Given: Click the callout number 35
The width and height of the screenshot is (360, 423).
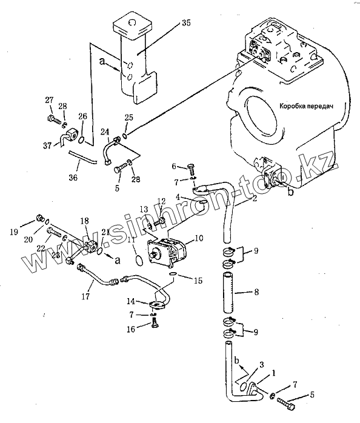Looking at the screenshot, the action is (186, 23).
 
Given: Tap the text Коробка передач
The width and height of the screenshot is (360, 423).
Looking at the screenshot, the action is (306, 106).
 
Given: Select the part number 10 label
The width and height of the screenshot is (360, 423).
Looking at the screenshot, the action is (198, 238).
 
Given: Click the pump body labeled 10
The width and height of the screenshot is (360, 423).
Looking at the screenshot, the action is (166, 253).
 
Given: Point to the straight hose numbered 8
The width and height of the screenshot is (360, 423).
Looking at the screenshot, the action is (228, 293).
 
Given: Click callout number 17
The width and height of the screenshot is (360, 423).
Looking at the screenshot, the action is (86, 296).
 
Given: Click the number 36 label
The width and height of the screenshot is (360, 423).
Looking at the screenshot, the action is (73, 177).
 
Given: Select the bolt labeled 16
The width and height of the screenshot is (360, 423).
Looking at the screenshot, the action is (155, 322).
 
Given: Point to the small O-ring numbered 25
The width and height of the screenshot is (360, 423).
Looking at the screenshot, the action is (125, 135).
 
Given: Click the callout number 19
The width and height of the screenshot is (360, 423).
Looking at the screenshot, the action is (14, 231).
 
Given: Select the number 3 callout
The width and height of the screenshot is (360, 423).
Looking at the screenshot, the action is (261, 365).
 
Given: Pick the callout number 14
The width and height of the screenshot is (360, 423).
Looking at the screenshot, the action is (131, 301).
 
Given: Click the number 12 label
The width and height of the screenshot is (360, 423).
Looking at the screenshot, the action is (161, 201).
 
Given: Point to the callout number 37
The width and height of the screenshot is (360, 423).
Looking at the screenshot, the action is (47, 146).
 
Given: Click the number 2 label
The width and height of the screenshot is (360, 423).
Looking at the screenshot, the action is (255, 199).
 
